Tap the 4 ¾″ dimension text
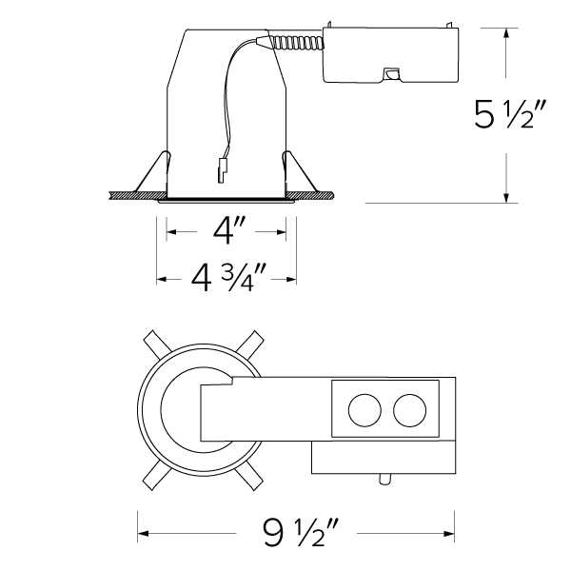pyautogui.click(x=226, y=279)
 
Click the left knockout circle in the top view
pyautogui.click(x=364, y=411)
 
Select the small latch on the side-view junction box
pyautogui.click(x=389, y=73)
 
